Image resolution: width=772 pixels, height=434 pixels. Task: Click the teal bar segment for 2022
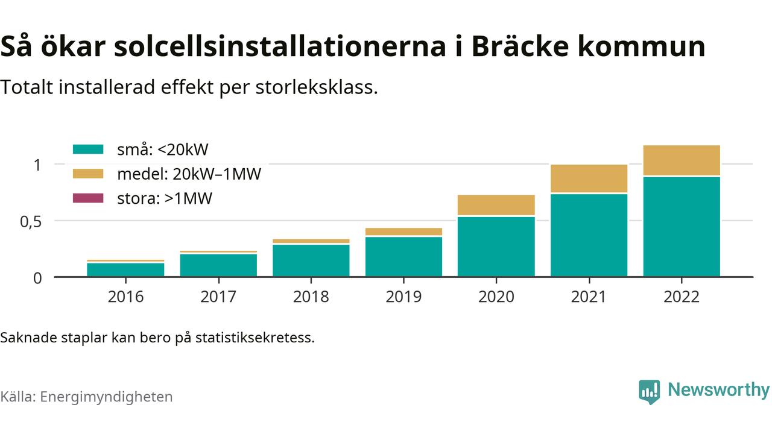point(682,227)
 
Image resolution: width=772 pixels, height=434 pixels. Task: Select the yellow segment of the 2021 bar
point(589,178)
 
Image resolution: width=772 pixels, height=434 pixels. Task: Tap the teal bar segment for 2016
point(125,269)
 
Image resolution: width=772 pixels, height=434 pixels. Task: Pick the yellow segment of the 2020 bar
point(496,206)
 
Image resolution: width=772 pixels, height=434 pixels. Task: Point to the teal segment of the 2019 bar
point(403,257)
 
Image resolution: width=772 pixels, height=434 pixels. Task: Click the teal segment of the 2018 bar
point(311,260)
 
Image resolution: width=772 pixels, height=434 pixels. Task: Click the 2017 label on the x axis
point(218,297)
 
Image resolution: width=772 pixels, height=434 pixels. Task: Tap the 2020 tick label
point(496,297)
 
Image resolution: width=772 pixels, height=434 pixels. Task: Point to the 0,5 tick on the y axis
point(31,222)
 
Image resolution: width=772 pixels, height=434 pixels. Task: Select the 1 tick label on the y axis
point(37,165)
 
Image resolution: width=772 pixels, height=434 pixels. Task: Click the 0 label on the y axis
point(37,278)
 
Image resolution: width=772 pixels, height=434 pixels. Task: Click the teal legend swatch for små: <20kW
point(88,149)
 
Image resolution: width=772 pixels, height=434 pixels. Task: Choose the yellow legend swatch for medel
point(88,174)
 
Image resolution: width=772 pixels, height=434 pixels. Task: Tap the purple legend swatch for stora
point(88,198)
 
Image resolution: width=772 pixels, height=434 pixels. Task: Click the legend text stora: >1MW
point(165,198)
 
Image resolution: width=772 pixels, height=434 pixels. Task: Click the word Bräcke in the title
point(520,46)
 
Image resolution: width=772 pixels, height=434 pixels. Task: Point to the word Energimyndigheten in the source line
point(107,397)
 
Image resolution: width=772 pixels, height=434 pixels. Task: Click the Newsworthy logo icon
point(650,392)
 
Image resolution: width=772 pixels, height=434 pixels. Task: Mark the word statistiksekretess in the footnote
point(255,338)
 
